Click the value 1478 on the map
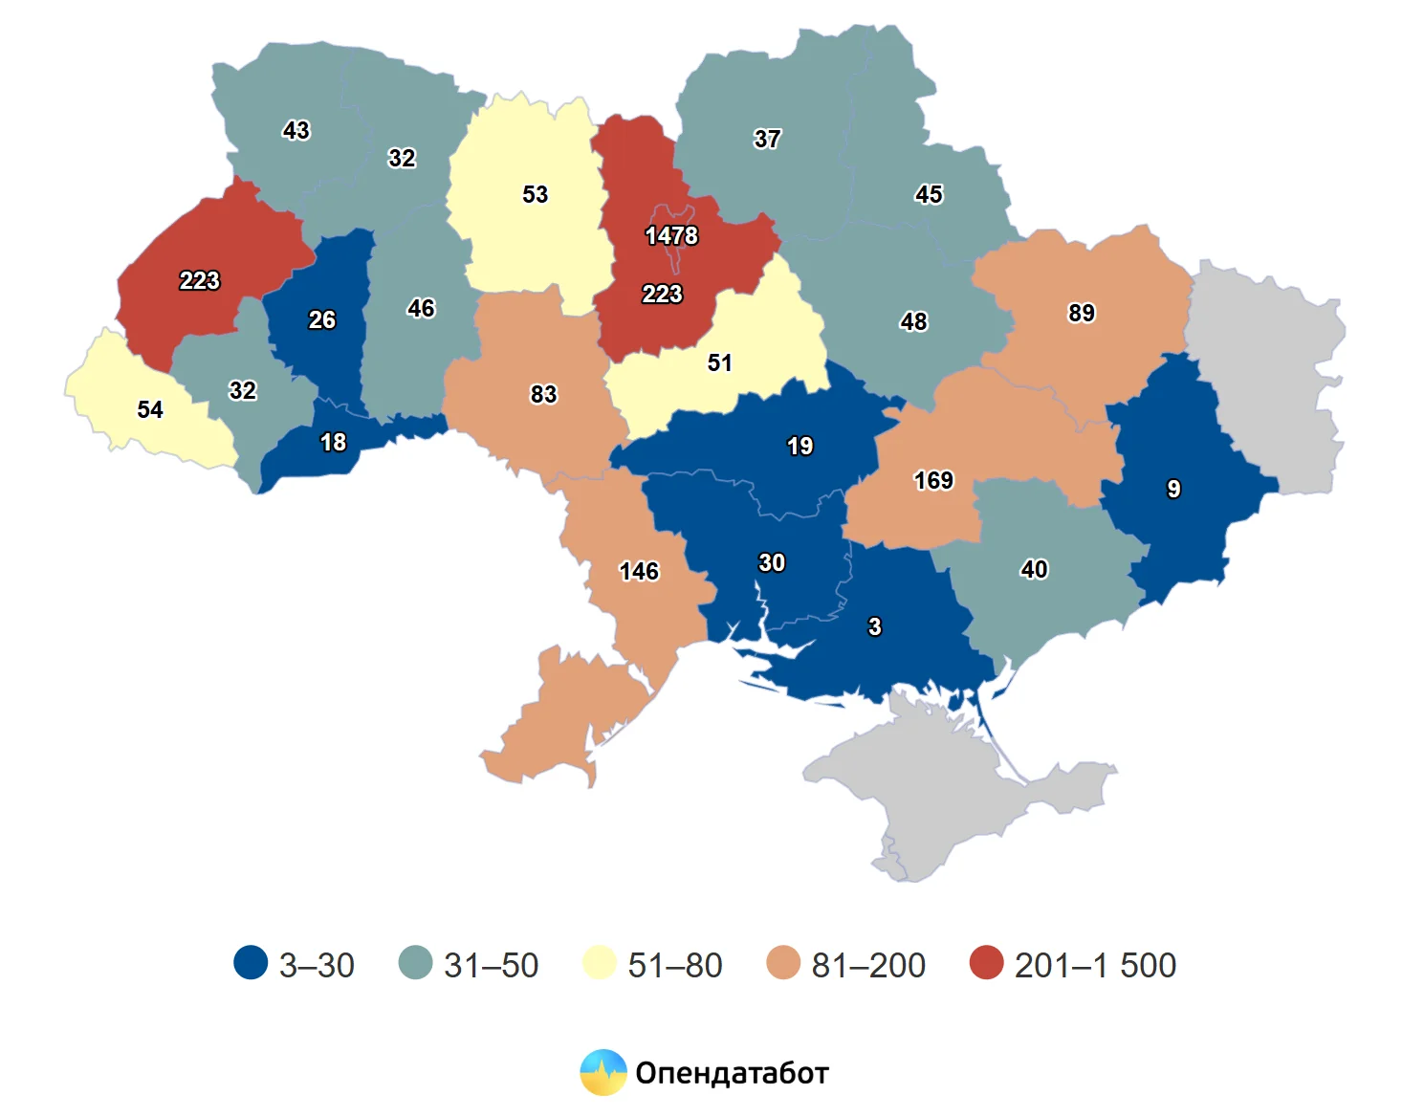click(671, 235)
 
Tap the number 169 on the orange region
click(933, 480)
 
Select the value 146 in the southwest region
click(639, 571)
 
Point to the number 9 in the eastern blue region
click(1173, 489)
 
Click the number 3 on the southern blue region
click(874, 626)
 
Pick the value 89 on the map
click(1082, 313)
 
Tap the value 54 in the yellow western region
click(150, 409)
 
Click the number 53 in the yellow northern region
click(535, 194)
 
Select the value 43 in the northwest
click(296, 130)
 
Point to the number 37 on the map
click(767, 139)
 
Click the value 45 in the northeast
click(929, 194)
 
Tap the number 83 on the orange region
click(543, 394)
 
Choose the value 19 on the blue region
click(800, 446)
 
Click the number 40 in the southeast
click(1034, 569)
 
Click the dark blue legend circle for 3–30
click(251, 963)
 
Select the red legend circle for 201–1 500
click(986, 963)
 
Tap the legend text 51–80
click(674, 965)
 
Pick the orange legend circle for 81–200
click(783, 963)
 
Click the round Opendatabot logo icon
click(603, 1072)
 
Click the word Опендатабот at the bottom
click(732, 1073)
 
